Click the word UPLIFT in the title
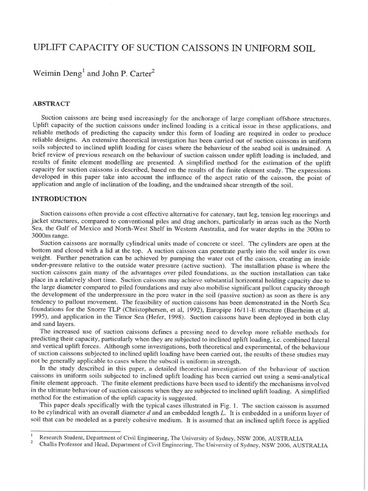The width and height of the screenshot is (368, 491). tap(50, 48)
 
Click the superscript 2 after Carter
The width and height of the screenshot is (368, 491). tap(152, 72)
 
